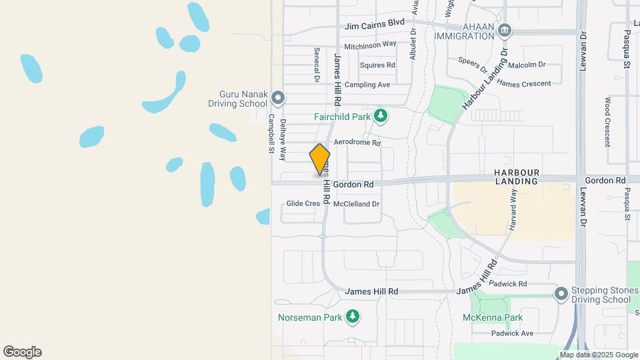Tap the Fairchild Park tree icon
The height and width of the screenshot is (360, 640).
point(381,117)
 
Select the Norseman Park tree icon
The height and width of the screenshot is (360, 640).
point(353,317)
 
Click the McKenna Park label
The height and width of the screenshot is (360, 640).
point(493,317)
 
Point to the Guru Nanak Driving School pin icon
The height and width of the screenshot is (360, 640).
point(279,99)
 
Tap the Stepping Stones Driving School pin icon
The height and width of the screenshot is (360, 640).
point(561,293)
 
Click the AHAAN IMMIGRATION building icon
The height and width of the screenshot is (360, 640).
point(505,29)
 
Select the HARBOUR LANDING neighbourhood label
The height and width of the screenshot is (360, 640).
point(516,177)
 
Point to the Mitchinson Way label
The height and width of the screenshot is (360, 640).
point(370,46)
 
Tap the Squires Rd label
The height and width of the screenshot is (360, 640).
point(377,65)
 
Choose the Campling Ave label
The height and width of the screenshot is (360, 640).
point(367,85)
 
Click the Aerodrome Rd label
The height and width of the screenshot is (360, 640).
point(357,143)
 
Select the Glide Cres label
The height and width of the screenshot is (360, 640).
point(303,203)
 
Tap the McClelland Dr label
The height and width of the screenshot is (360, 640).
point(356,203)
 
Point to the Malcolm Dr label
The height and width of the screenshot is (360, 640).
point(527,65)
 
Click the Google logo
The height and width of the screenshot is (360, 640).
point(22,352)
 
